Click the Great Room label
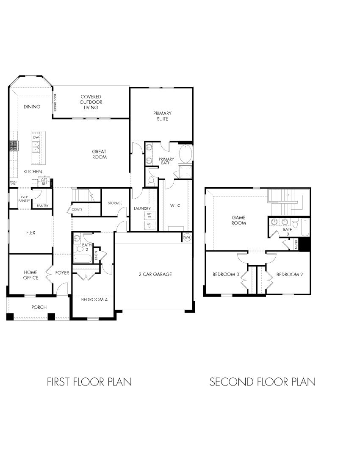pos(100,154)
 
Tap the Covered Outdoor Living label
pos(91,102)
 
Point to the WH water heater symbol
pos(187,238)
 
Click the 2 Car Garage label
pos(155,274)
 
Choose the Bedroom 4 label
pos(94,300)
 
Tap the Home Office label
pos(30,275)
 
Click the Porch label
pos(39,307)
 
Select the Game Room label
pos(238,220)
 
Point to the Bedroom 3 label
pos(226,274)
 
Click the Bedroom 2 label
pos(290,274)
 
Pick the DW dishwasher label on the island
pos(36,138)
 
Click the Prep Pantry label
pos(24,199)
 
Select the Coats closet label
pos(77,209)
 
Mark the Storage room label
pos(115,203)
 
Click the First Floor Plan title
pos(89,382)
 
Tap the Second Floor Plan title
pos(263,382)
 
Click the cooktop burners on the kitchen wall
pos(14,146)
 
